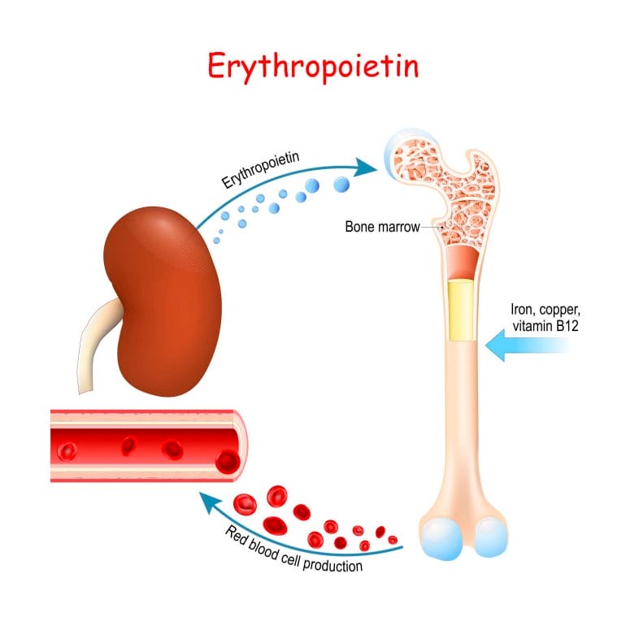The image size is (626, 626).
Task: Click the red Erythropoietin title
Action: coord(313,67)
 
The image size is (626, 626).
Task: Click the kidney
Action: coord(163,302)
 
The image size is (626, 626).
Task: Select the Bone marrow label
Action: coord(382,227)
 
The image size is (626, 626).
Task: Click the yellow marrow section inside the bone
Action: coord(461,311)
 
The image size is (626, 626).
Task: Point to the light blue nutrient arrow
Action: coord(528,345)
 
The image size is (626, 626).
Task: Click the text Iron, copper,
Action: coord(546,310)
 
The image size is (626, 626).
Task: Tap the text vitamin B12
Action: coord(546,326)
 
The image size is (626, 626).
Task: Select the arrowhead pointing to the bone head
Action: coord(364,167)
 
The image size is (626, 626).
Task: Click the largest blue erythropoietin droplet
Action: coord(341,185)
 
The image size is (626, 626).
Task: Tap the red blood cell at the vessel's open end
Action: coord(228,462)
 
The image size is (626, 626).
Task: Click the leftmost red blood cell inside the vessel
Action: coord(67,451)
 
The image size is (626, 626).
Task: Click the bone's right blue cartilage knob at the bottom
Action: coord(491,537)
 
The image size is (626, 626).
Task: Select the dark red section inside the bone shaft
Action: coord(463,263)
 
